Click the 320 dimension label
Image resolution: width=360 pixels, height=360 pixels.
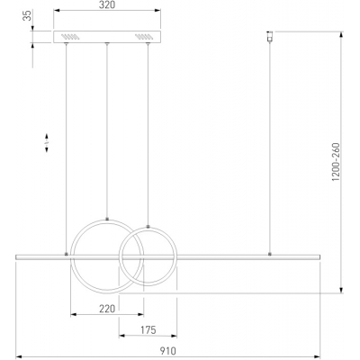click(x=107, y=4)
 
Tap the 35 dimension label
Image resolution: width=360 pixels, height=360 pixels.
click(x=28, y=15)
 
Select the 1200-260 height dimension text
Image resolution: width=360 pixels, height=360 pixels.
click(x=336, y=162)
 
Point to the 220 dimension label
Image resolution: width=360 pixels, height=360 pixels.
click(x=107, y=309)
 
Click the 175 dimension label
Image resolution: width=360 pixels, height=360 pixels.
click(x=148, y=330)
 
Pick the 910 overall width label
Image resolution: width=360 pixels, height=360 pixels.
click(x=167, y=351)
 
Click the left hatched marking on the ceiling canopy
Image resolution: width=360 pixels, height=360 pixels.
click(x=70, y=37)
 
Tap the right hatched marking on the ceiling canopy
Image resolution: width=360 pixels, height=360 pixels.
click(x=144, y=37)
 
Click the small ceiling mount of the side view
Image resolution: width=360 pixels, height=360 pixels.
click(x=270, y=36)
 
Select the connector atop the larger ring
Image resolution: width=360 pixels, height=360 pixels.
click(x=107, y=219)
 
